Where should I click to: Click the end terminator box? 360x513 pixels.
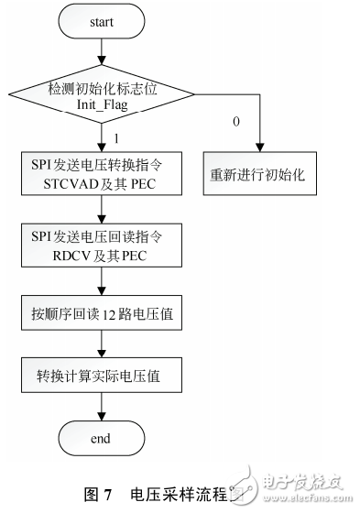(101, 440)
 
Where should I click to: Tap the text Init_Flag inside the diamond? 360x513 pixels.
(103, 107)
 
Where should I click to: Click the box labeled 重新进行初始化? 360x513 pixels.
(258, 175)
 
